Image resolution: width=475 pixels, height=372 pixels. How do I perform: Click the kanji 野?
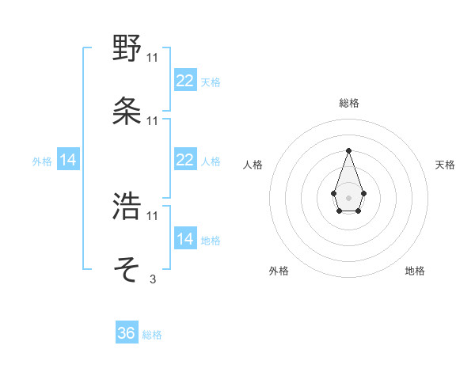click(x=127, y=48)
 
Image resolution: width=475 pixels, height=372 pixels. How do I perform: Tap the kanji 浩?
click(x=127, y=207)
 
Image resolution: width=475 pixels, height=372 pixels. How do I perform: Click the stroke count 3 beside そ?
click(x=152, y=279)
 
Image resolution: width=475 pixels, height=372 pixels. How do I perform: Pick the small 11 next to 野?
click(x=152, y=57)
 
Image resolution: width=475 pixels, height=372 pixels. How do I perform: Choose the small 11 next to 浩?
click(x=152, y=215)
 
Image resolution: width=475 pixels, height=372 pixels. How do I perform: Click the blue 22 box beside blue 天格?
click(x=184, y=81)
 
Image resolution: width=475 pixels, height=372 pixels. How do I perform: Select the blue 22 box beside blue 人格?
click(x=184, y=160)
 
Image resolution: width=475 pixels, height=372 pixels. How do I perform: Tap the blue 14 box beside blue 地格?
click(x=184, y=239)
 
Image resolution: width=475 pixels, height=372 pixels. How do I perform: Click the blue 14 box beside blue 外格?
click(x=68, y=160)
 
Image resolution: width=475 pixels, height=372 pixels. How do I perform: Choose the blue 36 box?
click(x=127, y=333)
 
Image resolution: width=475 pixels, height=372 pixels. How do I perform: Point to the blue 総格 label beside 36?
click(x=152, y=335)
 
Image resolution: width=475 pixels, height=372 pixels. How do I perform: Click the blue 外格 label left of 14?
click(x=42, y=161)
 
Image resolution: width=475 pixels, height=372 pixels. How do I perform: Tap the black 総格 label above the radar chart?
click(x=348, y=103)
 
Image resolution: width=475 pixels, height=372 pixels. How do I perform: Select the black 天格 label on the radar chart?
click(x=445, y=165)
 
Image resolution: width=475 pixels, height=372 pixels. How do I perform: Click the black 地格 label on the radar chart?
click(x=415, y=271)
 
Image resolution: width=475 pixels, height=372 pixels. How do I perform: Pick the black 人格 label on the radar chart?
click(x=253, y=165)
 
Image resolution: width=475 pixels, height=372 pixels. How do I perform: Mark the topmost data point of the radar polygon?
click(x=348, y=150)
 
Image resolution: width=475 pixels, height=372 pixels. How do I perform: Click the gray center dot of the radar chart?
click(x=348, y=196)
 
